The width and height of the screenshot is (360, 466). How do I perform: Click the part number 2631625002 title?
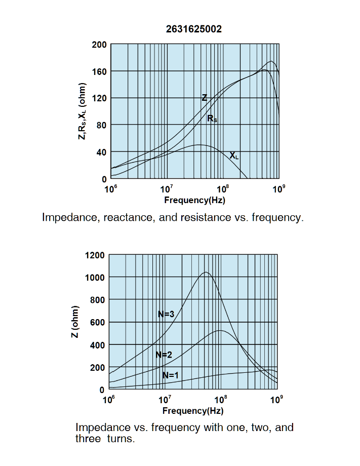[x=193, y=29]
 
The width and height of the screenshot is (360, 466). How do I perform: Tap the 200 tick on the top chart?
[x=99, y=45]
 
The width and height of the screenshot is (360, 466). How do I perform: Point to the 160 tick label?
[x=99, y=71]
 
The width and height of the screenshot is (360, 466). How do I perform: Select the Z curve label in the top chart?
[x=205, y=98]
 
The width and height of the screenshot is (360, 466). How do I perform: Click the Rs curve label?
[x=212, y=119]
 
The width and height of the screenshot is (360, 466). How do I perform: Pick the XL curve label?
[x=233, y=156]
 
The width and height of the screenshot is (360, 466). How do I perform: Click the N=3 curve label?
[x=166, y=314]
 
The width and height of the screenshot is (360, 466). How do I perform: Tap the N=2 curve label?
[x=164, y=355]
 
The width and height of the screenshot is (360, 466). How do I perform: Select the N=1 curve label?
[x=171, y=375]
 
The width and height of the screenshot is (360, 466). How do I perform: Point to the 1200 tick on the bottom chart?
[x=95, y=255]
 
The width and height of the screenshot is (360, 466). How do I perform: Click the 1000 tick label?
[x=95, y=278]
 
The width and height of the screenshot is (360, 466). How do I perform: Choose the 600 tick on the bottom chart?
[x=97, y=323]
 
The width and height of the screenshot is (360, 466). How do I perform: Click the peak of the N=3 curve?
[x=206, y=273]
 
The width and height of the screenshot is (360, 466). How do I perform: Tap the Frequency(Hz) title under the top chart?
[x=194, y=200]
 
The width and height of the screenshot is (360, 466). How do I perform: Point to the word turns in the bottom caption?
[x=121, y=439]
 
